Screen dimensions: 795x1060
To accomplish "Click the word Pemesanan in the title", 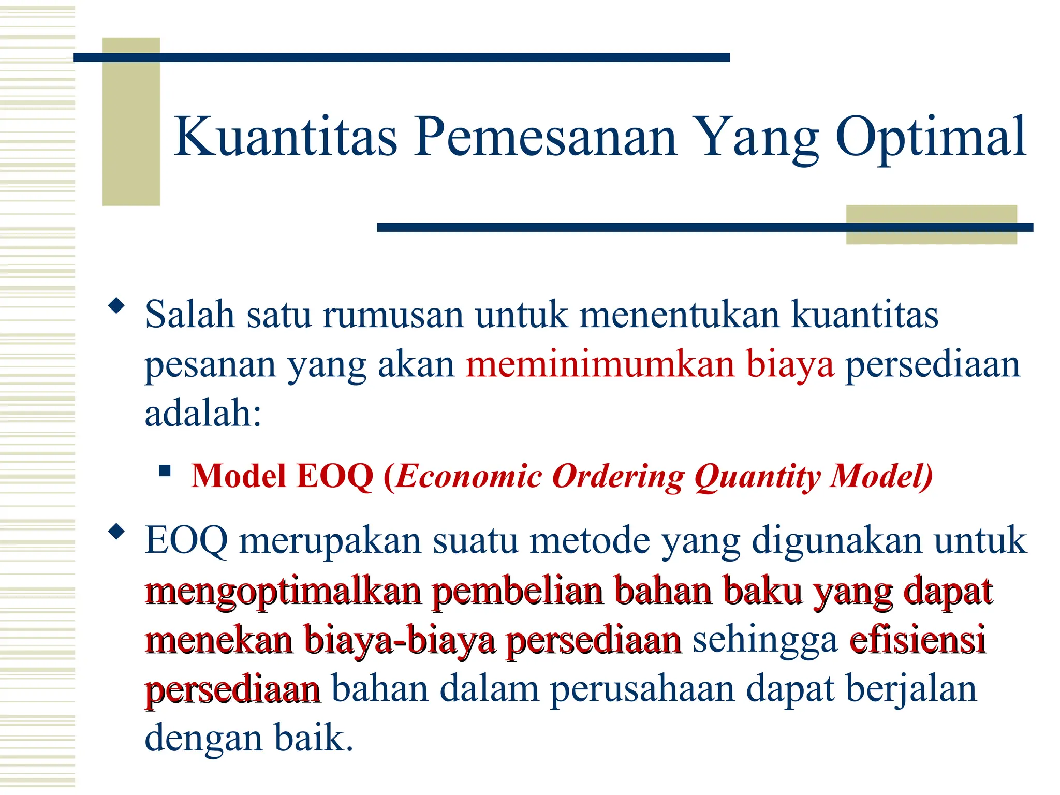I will tap(546, 137).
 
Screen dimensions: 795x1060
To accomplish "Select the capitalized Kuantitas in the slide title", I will tap(285, 137).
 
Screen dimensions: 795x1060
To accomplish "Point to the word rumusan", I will tap(393, 315).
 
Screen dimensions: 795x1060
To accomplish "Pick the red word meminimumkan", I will tap(600, 364).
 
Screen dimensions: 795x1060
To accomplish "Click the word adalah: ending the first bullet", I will tap(203, 413).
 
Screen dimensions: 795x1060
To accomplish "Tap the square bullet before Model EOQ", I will tap(165, 471).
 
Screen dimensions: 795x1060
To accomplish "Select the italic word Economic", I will tap(469, 476).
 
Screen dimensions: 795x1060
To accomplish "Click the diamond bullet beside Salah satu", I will tap(117, 306).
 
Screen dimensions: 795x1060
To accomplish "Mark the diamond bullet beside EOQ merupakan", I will tap(117, 532).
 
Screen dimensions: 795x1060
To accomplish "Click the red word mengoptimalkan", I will tap(283, 591).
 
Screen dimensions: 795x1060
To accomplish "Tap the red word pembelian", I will tap(517, 591).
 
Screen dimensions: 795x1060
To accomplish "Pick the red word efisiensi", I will tap(917, 640).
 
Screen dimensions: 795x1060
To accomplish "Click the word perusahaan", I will tap(642, 689).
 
